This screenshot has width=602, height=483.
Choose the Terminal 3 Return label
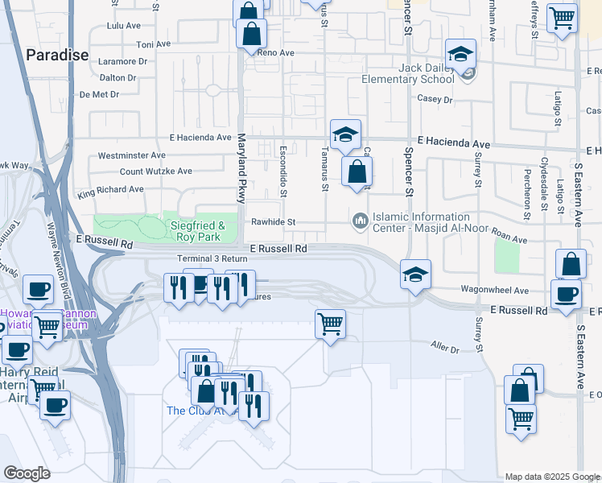click(x=212, y=258)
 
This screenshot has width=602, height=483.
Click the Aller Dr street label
click(x=444, y=349)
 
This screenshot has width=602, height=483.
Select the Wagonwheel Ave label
click(x=494, y=290)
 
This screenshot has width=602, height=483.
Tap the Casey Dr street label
click(x=435, y=99)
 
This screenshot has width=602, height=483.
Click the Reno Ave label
click(x=276, y=53)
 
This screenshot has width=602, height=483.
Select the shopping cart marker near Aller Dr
click(x=330, y=324)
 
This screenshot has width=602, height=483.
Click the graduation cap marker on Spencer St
click(x=415, y=274)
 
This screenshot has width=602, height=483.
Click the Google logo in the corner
click(x=26, y=473)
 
